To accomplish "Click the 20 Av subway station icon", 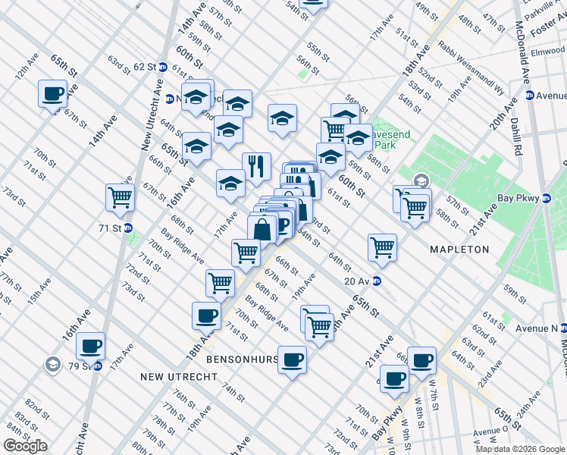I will [377, 281].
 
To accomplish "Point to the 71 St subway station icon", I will [128, 227].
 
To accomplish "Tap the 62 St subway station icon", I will [162, 67].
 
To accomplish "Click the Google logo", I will [25, 446].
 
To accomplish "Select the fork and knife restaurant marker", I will [256, 166].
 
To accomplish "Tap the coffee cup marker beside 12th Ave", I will [53, 94].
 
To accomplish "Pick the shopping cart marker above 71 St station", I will [120, 198].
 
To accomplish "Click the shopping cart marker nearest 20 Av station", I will [382, 247].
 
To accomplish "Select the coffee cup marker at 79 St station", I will [91, 346].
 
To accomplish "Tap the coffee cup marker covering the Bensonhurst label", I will [292, 359].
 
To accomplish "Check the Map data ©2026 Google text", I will [519, 449].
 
